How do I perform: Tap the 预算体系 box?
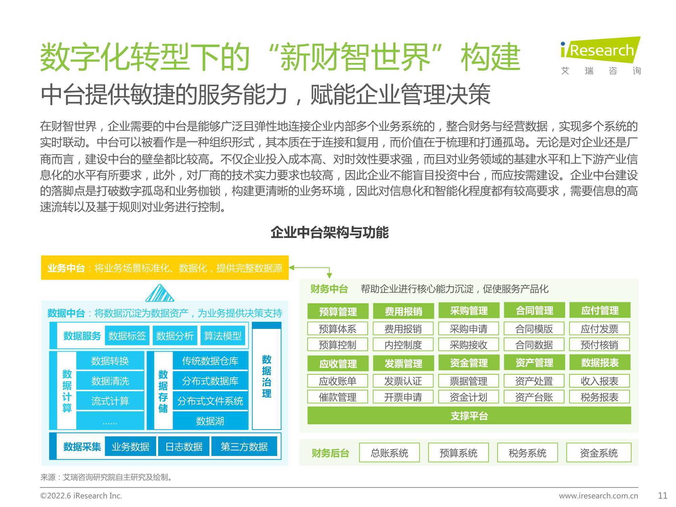click(x=338, y=329)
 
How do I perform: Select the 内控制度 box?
click(x=403, y=345)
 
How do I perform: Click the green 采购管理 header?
click(x=469, y=310)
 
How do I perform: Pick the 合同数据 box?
click(x=534, y=345)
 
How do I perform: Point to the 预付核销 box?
click(x=600, y=345)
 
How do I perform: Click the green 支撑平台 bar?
click(x=469, y=415)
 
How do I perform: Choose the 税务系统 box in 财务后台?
click(x=527, y=453)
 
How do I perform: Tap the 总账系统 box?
click(x=389, y=453)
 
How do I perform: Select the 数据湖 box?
click(x=210, y=421)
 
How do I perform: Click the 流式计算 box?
click(x=110, y=401)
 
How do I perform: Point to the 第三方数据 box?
click(x=244, y=446)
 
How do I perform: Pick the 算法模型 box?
click(x=223, y=336)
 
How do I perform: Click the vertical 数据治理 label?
click(x=267, y=376)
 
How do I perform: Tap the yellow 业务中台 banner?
click(x=165, y=268)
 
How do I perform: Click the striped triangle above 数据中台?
click(x=160, y=293)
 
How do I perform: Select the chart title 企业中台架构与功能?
click(x=330, y=233)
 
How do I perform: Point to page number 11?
click(x=663, y=496)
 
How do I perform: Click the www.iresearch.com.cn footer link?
click(x=599, y=496)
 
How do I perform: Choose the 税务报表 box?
click(x=600, y=397)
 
